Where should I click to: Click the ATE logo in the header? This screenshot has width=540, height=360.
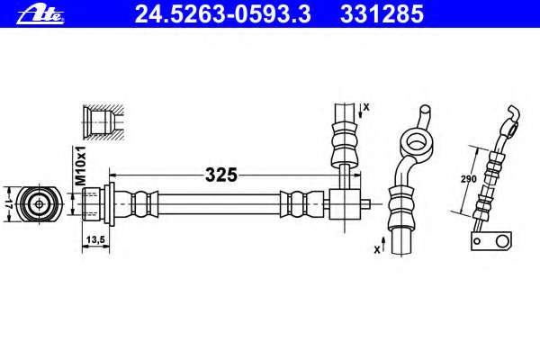[x=40, y=15]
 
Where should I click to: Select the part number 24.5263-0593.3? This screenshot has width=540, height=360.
[x=223, y=14]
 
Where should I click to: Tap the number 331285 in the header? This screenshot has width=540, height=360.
[x=382, y=14]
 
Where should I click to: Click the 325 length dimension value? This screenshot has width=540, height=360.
[x=221, y=175]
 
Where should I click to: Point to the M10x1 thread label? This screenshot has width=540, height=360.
[x=81, y=166]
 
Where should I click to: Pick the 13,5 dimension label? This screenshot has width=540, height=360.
[x=95, y=239]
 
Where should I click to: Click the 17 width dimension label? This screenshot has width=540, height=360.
[x=9, y=204]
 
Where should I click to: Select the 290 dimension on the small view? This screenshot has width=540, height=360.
[x=469, y=179]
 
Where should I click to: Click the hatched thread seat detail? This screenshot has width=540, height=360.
[x=103, y=122]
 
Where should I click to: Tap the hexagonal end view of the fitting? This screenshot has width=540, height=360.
[x=39, y=204]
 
